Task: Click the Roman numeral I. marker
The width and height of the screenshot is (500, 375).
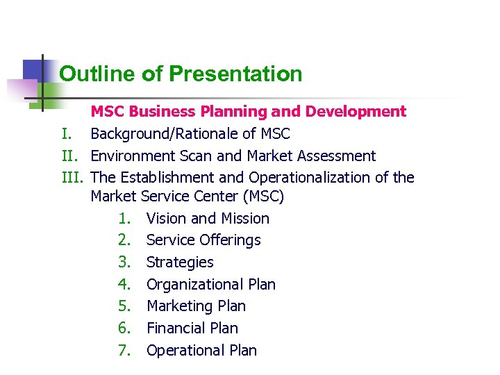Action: (67, 133)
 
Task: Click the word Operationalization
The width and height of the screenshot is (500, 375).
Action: (310, 178)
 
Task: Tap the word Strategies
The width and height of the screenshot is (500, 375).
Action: (180, 262)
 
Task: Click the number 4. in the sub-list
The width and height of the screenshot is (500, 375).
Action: (125, 285)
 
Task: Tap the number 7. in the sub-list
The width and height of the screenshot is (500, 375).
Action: (125, 351)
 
